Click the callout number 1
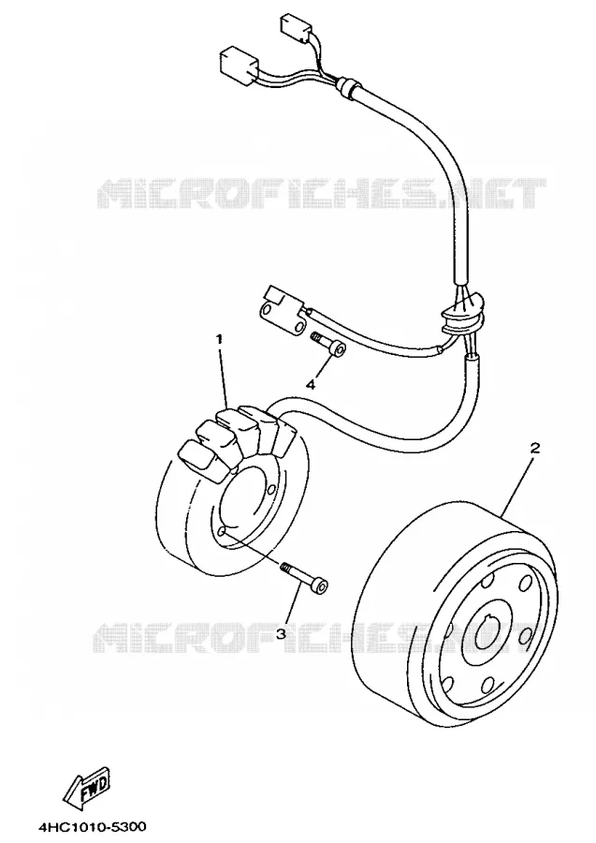219,339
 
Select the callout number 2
534,448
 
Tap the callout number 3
281,634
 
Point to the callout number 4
311,385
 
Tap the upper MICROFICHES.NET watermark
322,193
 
